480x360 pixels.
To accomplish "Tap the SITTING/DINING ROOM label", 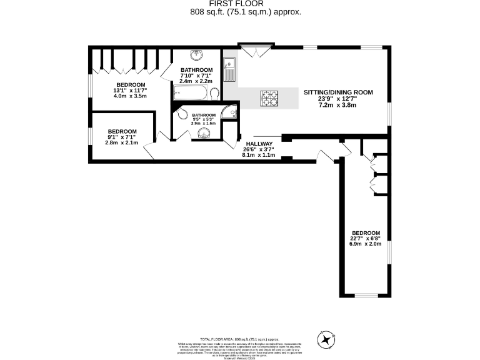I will (338, 92).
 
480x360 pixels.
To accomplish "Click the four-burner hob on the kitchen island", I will (271, 97).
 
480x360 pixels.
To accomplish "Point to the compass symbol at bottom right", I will (326, 340).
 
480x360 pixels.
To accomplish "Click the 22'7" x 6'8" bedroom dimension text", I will (366, 237).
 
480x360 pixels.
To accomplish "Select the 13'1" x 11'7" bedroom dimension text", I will (130, 91).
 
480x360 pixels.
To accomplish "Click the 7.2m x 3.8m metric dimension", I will (337, 105).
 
